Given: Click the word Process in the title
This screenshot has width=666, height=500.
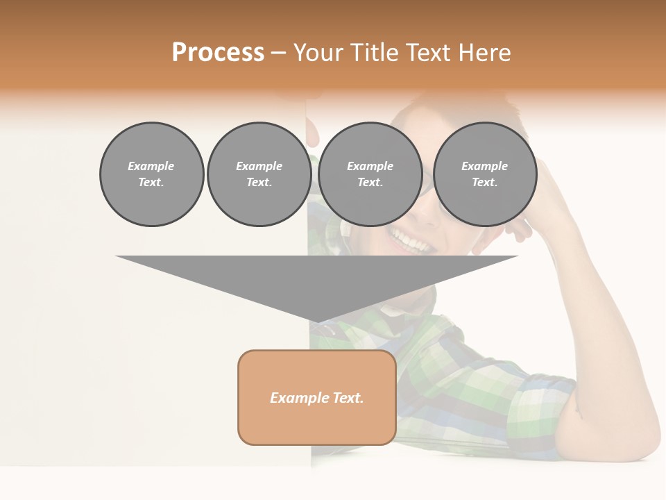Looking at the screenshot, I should [218, 53].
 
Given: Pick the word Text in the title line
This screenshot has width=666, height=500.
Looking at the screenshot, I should [427, 53].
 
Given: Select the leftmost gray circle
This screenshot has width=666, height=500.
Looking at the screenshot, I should [152, 174].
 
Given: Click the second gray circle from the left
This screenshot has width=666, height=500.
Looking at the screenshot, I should [259, 174].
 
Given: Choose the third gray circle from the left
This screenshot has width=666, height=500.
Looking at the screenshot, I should [370, 174].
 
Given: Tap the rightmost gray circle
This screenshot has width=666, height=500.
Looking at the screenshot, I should [485, 174].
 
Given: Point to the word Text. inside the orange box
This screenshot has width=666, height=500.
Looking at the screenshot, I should [348, 398].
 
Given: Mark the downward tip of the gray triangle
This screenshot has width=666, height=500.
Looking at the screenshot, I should [317, 322].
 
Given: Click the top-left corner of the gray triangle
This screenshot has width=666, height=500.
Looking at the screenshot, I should [117, 256].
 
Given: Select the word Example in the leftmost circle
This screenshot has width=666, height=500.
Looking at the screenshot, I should [151, 166].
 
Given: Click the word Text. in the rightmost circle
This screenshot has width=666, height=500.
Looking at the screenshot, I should [485, 183].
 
